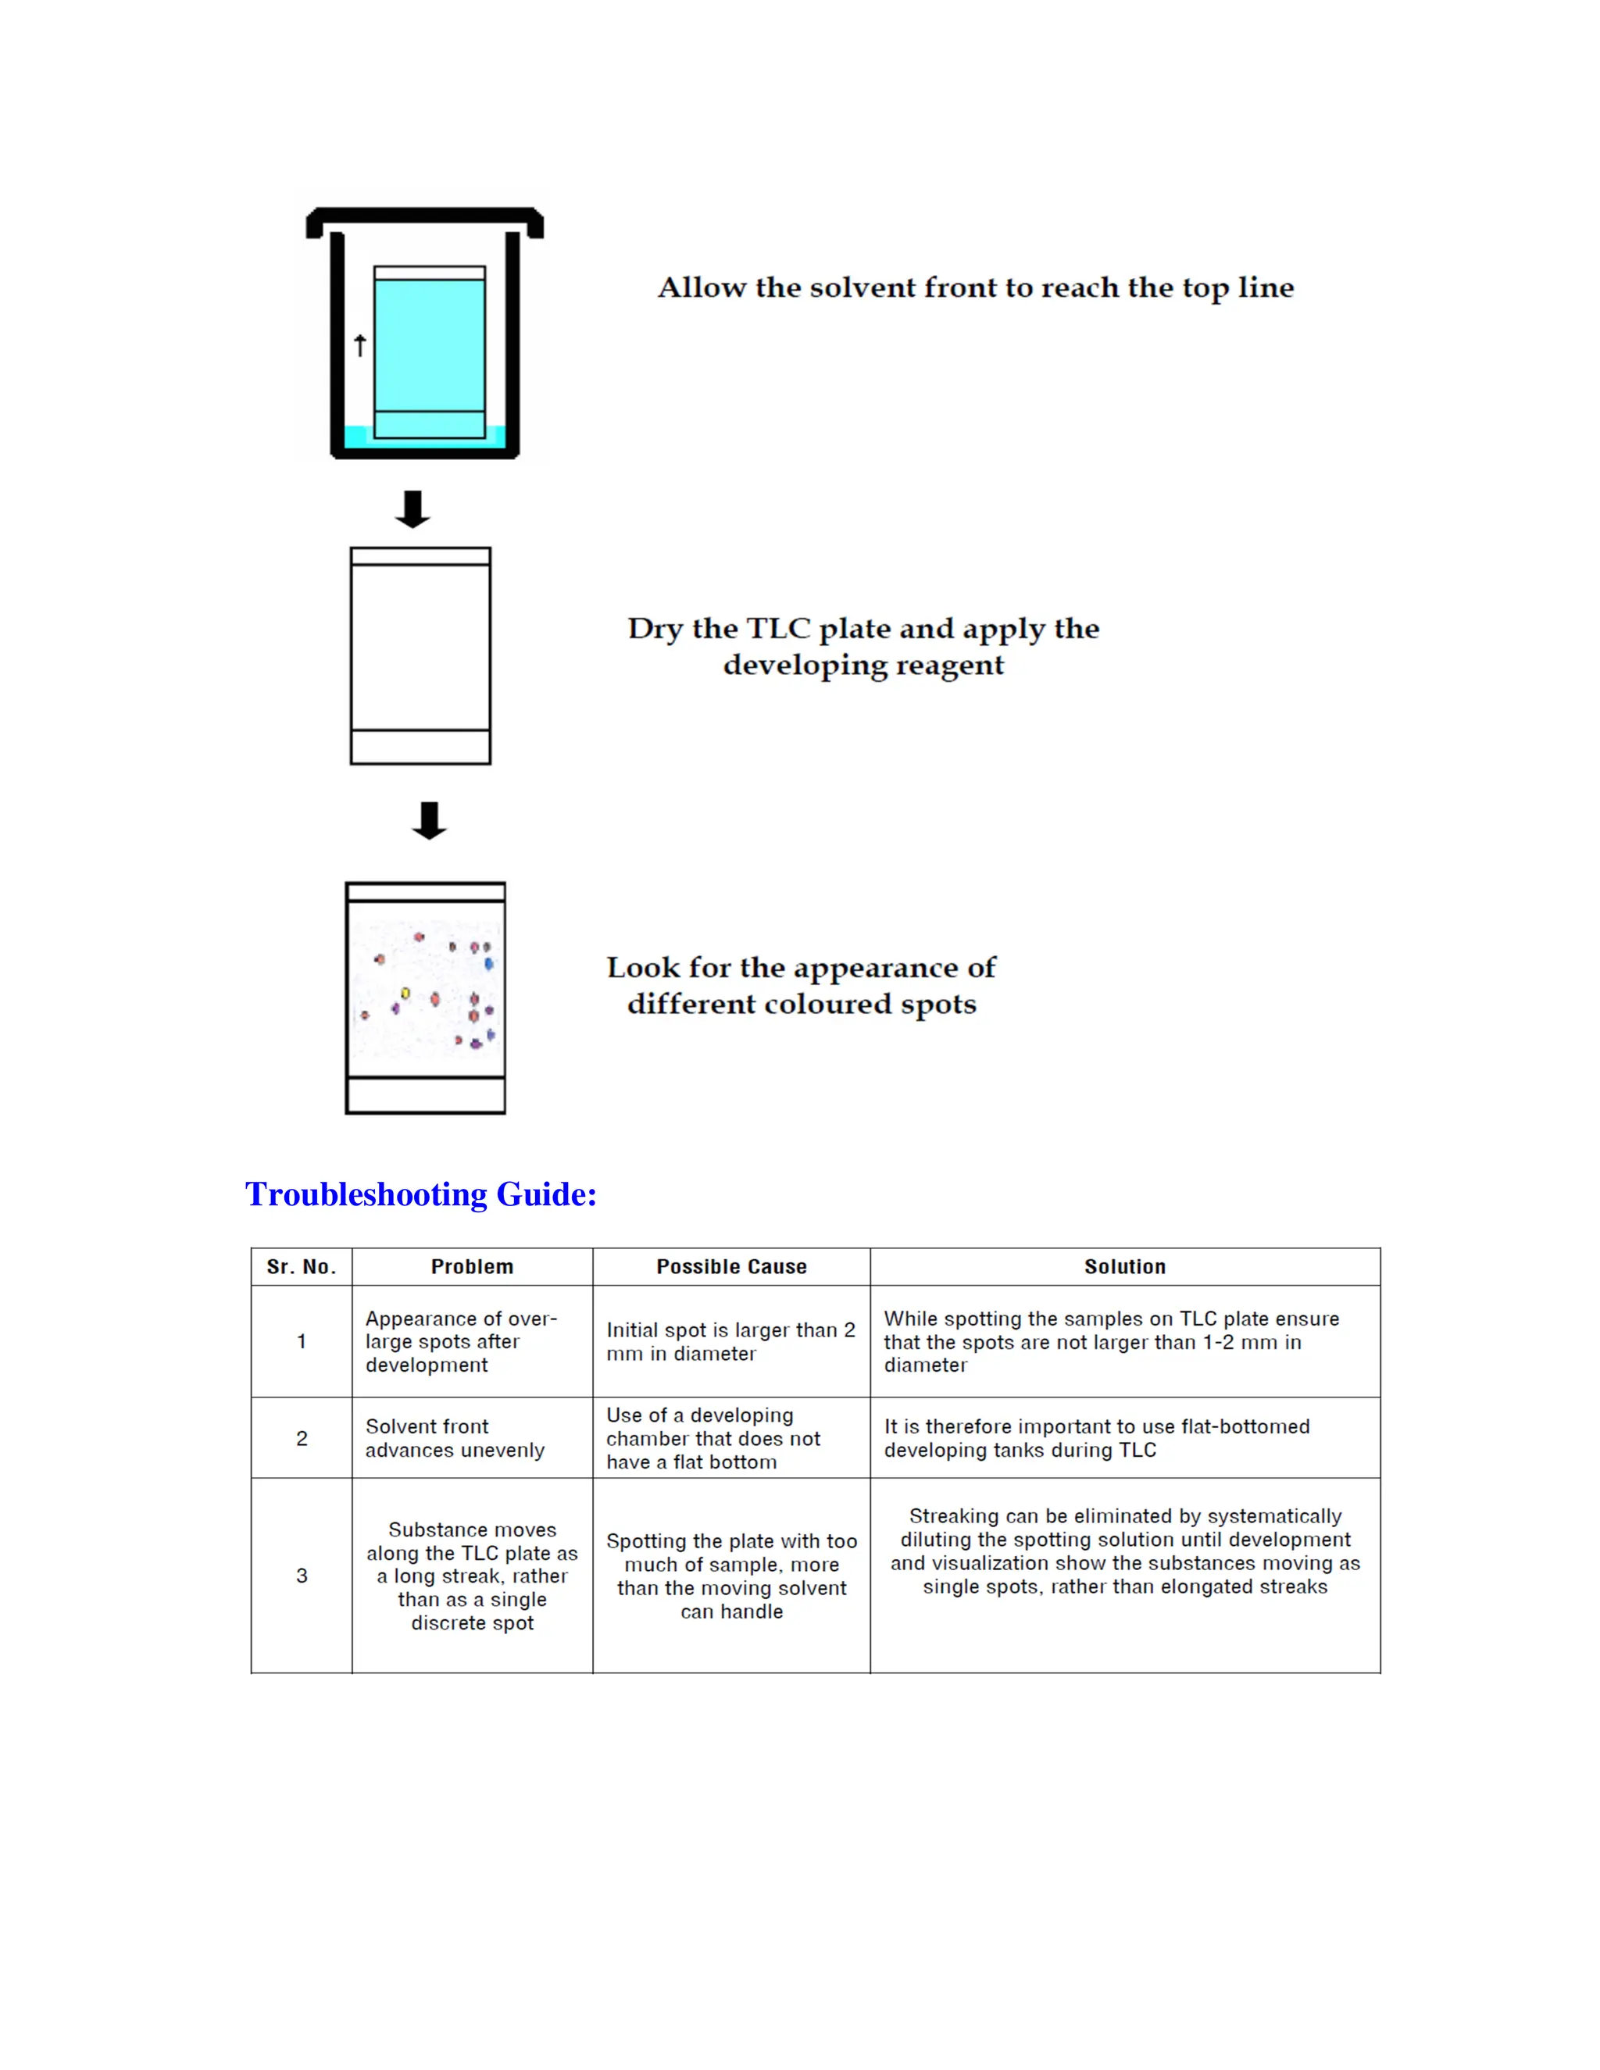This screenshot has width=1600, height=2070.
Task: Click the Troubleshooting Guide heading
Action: pyautogui.click(x=421, y=1194)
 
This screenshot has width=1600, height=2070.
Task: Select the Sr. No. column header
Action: pyautogui.click(x=302, y=1267)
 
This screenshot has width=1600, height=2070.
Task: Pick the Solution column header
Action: pyautogui.click(x=1124, y=1267)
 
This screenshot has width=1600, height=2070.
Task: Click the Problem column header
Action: pyautogui.click(x=472, y=1267)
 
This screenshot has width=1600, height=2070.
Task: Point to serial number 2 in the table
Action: pyautogui.click(x=302, y=1439)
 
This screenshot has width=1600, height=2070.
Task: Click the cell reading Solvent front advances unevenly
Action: pyautogui.click(x=455, y=1439)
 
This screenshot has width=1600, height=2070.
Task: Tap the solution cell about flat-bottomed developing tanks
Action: pyautogui.click(x=1096, y=1439)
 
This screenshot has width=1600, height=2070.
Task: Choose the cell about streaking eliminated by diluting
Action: pyautogui.click(x=1124, y=1551)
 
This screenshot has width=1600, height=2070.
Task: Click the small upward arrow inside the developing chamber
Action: pyautogui.click(x=360, y=346)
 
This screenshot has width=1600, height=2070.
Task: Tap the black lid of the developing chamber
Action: pyautogui.click(x=425, y=217)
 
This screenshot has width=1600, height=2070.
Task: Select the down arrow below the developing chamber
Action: pyautogui.click(x=412, y=509)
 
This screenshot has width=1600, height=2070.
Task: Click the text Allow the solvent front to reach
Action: pyautogui.click(x=975, y=288)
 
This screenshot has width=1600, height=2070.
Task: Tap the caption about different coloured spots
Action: pyautogui.click(x=801, y=986)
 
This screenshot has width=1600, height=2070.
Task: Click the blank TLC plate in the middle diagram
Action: pyautogui.click(x=420, y=654)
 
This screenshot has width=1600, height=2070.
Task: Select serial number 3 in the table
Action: pyautogui.click(x=302, y=1576)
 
